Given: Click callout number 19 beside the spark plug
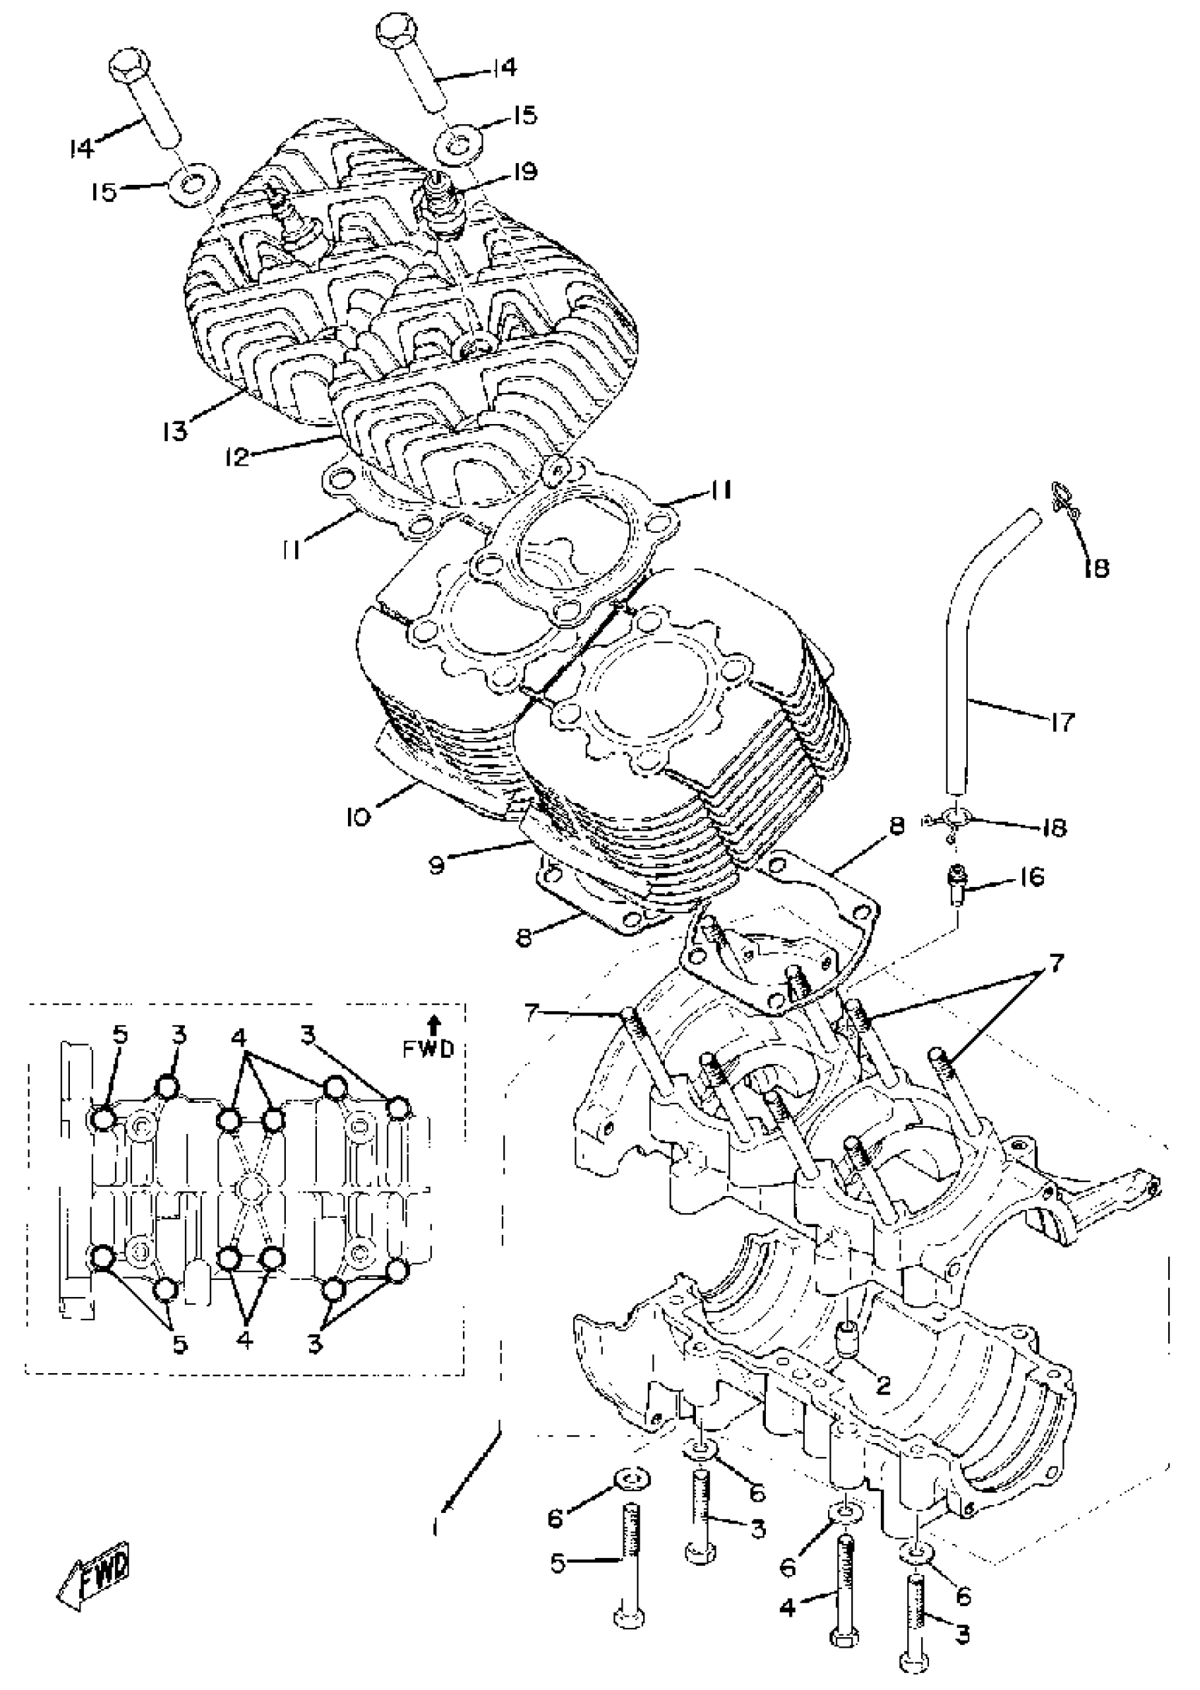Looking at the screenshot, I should (x=525, y=173).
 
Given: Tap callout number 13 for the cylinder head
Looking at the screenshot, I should (x=176, y=430).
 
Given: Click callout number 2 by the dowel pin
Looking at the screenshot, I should (x=883, y=1385).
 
